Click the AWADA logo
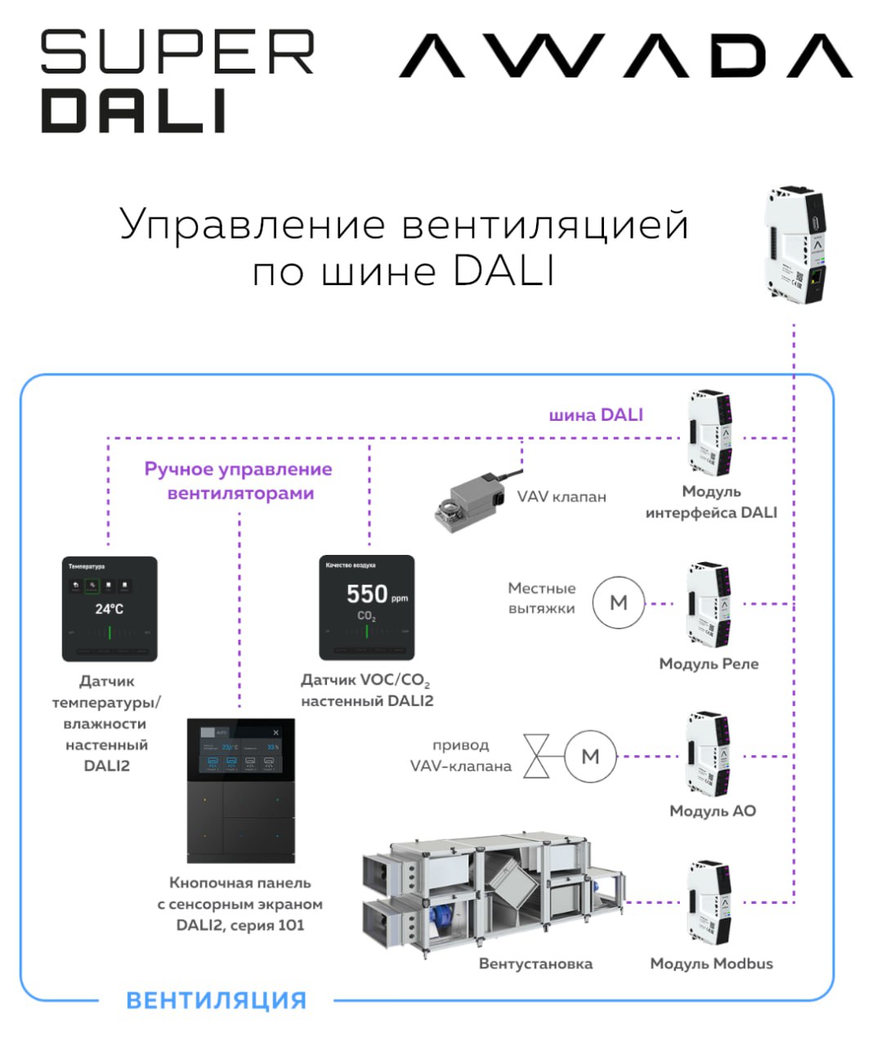625,56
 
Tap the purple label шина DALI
596,415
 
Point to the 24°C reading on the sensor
109,609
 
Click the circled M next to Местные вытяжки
619,603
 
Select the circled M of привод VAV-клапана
590,757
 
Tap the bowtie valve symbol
537,757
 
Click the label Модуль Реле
709,664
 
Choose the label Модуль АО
712,811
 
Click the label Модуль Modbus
711,963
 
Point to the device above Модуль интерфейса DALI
709,433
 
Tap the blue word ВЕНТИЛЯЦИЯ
217,1000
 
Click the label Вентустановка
535,963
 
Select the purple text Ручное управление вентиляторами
239,481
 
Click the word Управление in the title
252,224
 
